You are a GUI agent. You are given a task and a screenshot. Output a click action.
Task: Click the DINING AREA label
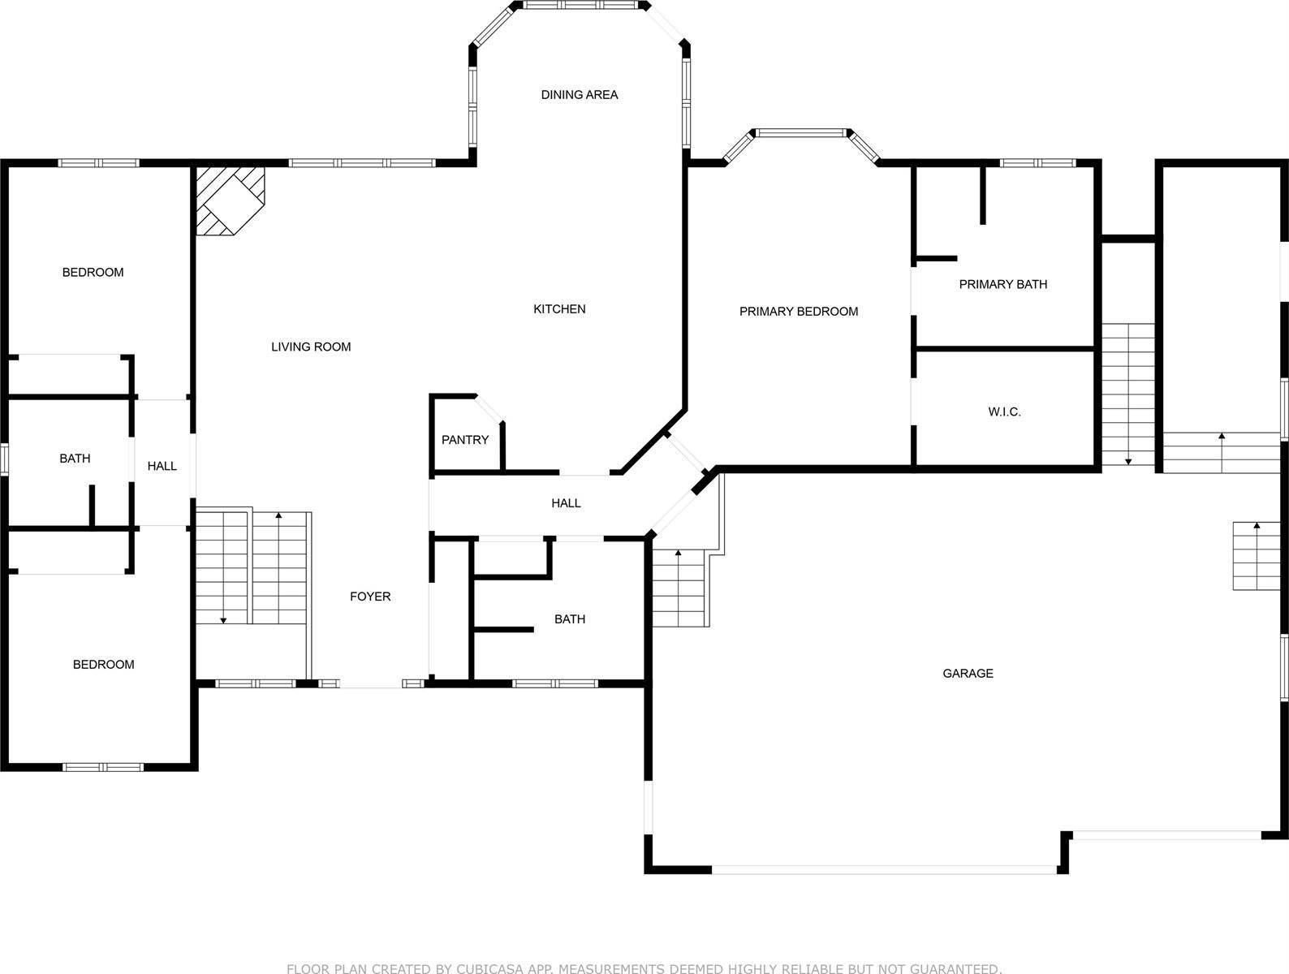[579, 95]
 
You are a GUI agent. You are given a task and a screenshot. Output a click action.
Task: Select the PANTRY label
[464, 440]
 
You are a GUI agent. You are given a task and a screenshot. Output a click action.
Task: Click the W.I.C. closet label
[1004, 412]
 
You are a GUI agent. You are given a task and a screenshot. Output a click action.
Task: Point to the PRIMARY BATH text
[1002, 284]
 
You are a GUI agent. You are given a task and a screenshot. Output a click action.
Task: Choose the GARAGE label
[968, 674]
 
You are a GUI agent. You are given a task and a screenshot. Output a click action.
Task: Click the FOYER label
[370, 597]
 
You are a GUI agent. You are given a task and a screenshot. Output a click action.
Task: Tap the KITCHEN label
[559, 309]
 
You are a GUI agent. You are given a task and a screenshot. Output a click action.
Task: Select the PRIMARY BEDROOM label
[798, 312]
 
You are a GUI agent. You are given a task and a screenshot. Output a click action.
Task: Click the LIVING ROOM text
[311, 347]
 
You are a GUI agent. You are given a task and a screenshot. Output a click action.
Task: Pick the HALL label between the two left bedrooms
[162, 466]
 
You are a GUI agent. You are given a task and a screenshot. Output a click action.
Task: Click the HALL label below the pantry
[566, 503]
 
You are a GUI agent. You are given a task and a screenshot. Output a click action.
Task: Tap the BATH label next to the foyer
[569, 619]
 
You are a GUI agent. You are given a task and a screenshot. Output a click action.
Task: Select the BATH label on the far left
[75, 459]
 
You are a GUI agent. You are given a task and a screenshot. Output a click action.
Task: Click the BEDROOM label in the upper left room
[93, 273]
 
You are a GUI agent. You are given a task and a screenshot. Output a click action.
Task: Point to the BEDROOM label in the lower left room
[103, 665]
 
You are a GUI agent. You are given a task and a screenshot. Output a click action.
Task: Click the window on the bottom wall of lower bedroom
[103, 766]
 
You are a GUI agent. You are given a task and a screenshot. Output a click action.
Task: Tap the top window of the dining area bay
[580, 5]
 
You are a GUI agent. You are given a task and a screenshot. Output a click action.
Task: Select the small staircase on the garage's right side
[1257, 556]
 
